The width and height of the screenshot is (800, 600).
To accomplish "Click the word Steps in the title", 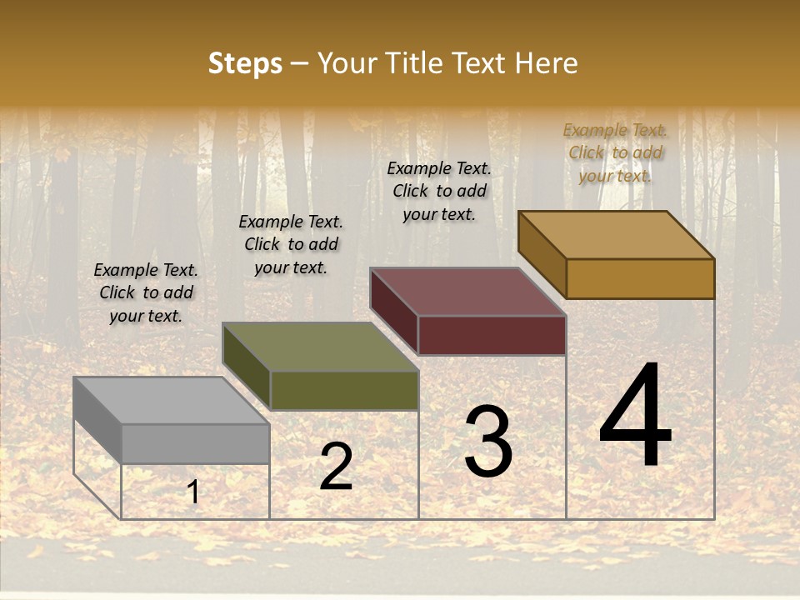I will pyautogui.click(x=245, y=63).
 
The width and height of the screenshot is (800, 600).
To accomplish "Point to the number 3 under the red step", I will pyautogui.click(x=488, y=442).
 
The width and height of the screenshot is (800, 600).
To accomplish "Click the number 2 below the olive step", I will pyautogui.click(x=336, y=467).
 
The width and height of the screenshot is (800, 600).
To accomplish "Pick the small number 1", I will pyautogui.click(x=193, y=492).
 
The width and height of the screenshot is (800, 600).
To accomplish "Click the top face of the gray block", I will pyautogui.click(x=171, y=401).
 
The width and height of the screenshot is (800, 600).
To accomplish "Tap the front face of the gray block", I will pyautogui.click(x=195, y=443).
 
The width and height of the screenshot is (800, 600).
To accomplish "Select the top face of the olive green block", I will pyautogui.click(x=320, y=347).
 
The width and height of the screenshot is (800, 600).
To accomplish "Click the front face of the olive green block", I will pyautogui.click(x=344, y=390).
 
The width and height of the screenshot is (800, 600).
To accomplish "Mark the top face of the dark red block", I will pyautogui.click(x=468, y=292).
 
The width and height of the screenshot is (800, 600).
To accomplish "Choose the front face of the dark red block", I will pyautogui.click(x=492, y=335).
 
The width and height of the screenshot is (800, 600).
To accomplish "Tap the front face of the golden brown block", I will pyautogui.click(x=640, y=278).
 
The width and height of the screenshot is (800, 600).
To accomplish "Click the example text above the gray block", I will pyautogui.click(x=146, y=293).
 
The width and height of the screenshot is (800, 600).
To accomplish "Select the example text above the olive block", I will pyautogui.click(x=291, y=245).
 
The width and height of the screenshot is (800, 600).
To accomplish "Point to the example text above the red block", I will pyautogui.click(x=439, y=192).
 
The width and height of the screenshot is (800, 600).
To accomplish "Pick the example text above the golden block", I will pyautogui.click(x=615, y=153).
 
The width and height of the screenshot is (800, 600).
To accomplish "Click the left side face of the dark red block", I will pyautogui.click(x=394, y=311).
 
